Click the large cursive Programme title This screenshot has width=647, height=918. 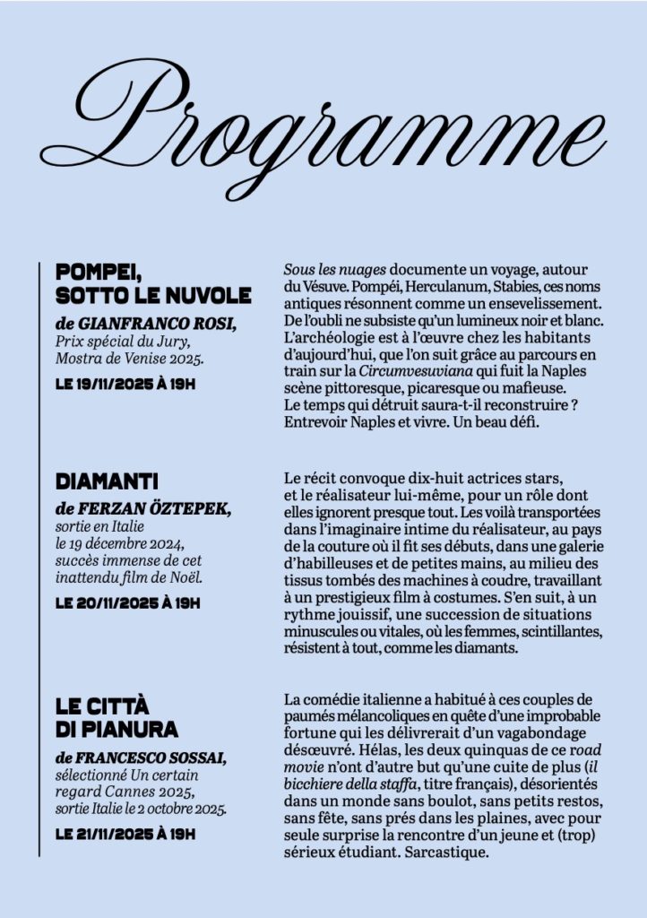coord(323,134)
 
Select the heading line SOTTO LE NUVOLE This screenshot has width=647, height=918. coord(153,296)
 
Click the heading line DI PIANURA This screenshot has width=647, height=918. coord(116,728)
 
